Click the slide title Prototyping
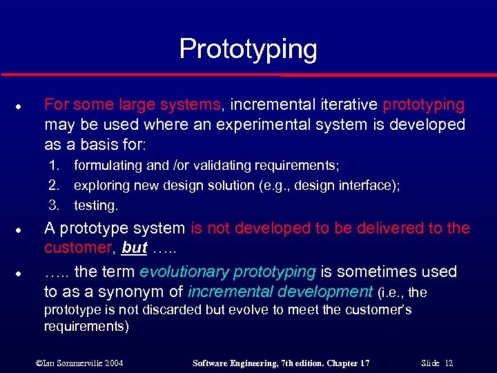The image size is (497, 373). [x=248, y=50]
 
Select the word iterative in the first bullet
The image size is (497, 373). [x=349, y=105]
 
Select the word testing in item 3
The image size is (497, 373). [x=95, y=205]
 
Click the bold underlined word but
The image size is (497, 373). [x=135, y=248]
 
